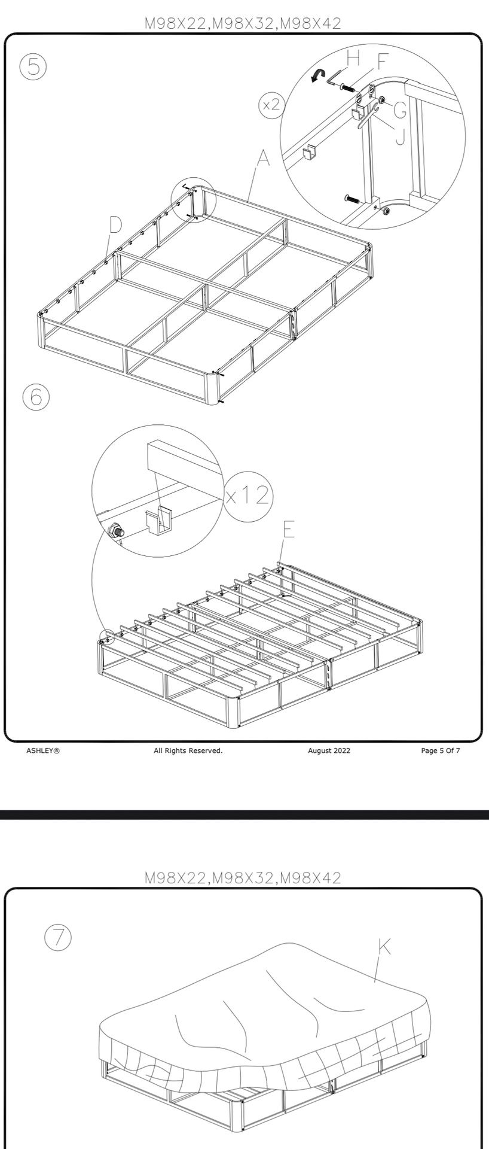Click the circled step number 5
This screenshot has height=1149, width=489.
click(x=33, y=66)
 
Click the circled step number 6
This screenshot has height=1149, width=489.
click(x=36, y=397)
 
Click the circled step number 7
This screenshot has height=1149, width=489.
click(x=58, y=937)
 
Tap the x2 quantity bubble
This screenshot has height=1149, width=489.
click(x=271, y=105)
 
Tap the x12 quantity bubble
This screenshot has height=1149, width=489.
click(x=248, y=495)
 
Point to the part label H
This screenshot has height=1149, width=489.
click(x=353, y=59)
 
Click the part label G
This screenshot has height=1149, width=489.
click(x=400, y=110)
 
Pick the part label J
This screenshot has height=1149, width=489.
click(x=400, y=137)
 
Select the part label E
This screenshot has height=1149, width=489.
click(x=289, y=529)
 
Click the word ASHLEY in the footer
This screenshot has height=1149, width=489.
click(x=43, y=750)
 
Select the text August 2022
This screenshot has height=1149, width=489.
click(x=329, y=750)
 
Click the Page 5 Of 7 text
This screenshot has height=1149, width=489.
click(x=440, y=750)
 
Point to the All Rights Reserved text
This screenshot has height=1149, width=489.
click(x=188, y=750)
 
